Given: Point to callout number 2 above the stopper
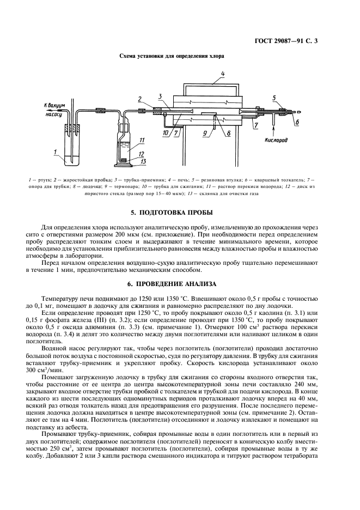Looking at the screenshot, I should tap(140, 99).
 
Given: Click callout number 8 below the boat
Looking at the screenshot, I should tap(229, 132).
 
